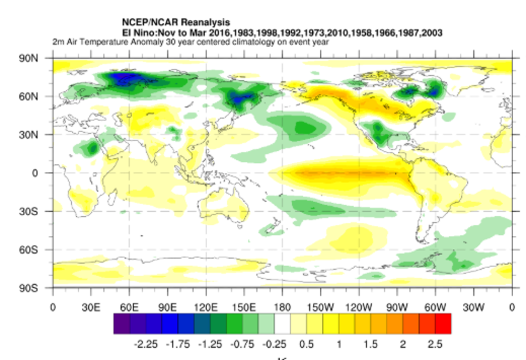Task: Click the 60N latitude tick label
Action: coord(28,97)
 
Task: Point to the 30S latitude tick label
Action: coord(28,211)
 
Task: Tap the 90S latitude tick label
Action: coord(28,288)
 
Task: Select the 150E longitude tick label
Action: coord(244,307)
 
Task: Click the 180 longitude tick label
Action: coord(282,307)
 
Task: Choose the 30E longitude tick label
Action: coord(91,307)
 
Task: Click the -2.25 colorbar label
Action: coord(145,344)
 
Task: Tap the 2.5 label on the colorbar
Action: coord(434,344)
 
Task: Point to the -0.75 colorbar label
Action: coord(242,344)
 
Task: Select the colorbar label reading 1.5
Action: coord(370,344)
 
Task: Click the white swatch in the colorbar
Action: coord(282,323)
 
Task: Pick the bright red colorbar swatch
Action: coord(443,323)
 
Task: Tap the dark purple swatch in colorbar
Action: coord(122,323)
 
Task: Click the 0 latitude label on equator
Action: coord(35,173)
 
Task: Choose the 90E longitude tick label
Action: coord(167,307)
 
